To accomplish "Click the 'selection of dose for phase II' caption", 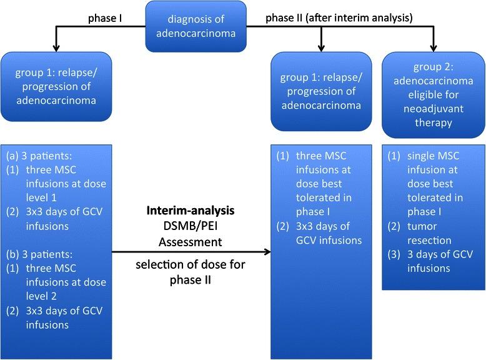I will (x=191, y=272).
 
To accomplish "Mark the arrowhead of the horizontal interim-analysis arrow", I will (x=267, y=252).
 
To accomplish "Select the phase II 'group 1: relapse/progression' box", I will (x=320, y=94).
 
